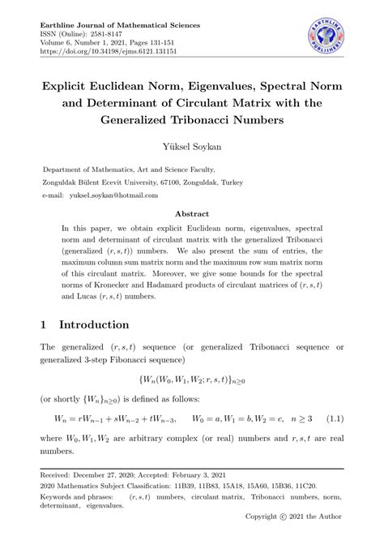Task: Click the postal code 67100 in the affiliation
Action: pos(192,183)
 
